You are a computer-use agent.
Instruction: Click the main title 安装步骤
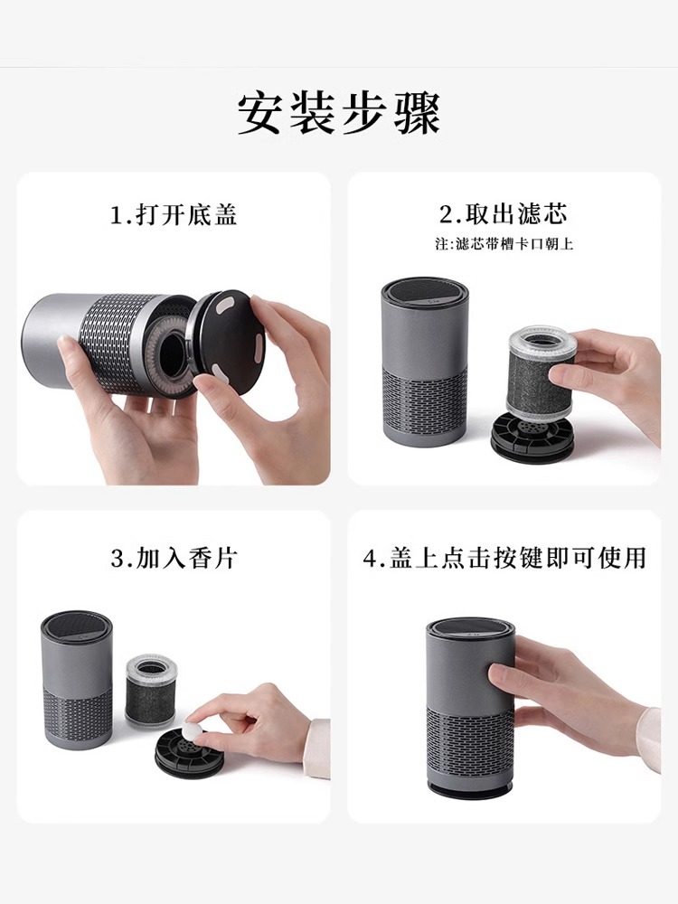click(x=339, y=113)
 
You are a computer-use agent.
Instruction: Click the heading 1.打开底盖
click(x=174, y=215)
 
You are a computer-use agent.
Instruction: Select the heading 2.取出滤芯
click(x=504, y=214)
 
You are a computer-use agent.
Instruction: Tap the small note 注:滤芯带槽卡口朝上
click(x=504, y=244)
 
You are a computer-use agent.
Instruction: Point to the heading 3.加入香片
click(x=174, y=559)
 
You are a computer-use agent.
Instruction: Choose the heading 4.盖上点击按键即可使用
click(x=504, y=558)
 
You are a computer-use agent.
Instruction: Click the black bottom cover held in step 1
click(x=228, y=342)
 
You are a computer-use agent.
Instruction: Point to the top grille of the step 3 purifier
click(x=77, y=625)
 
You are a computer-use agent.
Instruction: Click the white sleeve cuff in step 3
click(x=317, y=748)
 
